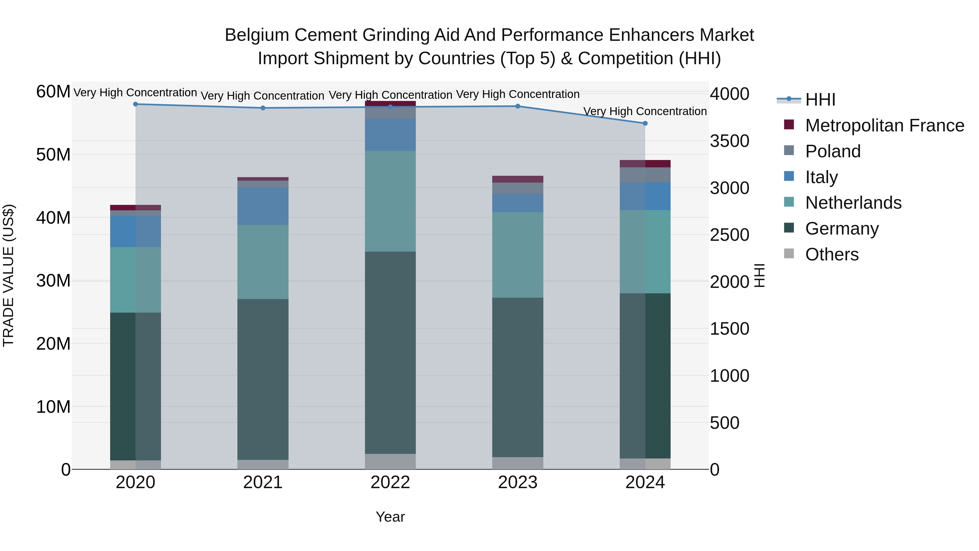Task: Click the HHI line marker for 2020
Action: coord(136,104)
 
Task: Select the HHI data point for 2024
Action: coord(645,124)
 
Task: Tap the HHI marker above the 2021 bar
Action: coord(263,108)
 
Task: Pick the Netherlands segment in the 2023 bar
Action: coord(518,255)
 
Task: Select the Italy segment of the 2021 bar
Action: coord(263,206)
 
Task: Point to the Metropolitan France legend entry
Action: coord(884,125)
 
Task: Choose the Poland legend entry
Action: coord(833,151)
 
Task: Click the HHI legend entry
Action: coord(820,100)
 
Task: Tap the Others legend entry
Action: coord(832,254)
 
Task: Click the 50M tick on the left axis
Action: coord(53,155)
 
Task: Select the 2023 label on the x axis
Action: coord(518,482)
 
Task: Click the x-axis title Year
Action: coord(390,517)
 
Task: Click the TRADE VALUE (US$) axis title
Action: coord(9,275)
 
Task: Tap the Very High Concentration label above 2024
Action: coord(645,111)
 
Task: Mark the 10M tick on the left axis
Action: coord(53,407)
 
